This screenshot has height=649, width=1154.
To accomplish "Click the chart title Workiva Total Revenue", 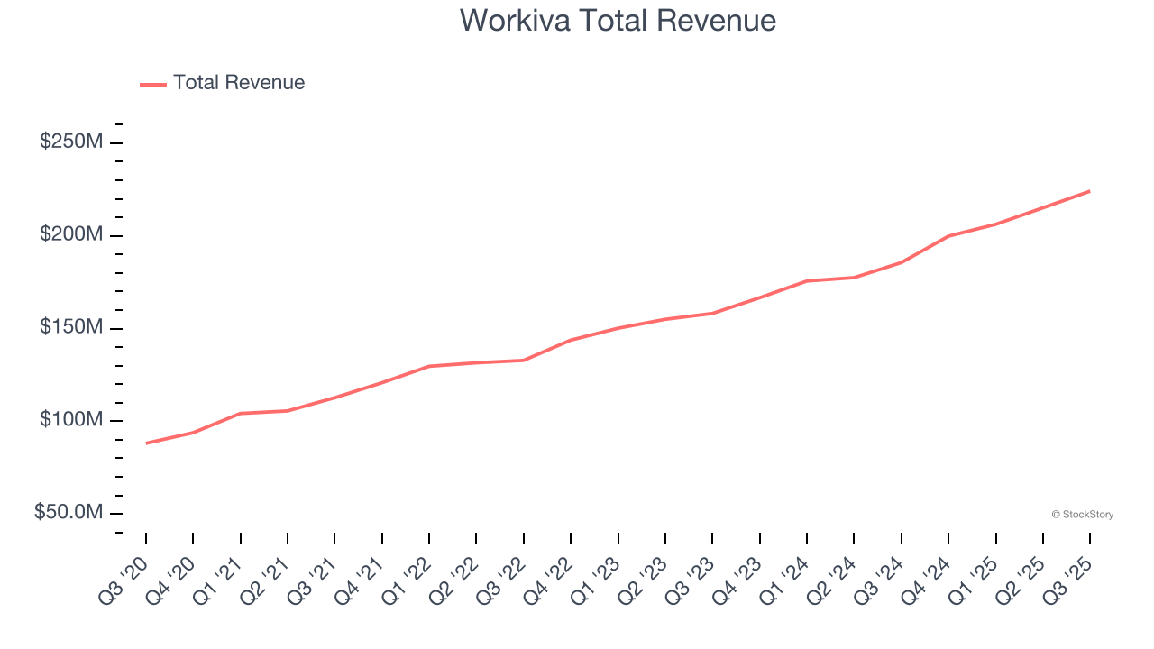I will [x=618, y=20].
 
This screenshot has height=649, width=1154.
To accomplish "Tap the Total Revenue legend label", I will [x=239, y=83].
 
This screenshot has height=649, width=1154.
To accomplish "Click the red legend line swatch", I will [x=153, y=84].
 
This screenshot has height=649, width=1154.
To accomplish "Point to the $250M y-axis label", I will [x=71, y=142].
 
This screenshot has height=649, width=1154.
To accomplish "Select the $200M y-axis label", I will [x=71, y=235].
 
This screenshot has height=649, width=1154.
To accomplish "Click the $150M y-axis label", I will [x=71, y=327].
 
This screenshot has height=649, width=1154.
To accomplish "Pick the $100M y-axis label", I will [x=71, y=420].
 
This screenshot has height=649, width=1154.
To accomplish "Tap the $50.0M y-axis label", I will [x=69, y=512].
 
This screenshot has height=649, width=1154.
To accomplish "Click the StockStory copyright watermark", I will [x=1082, y=515].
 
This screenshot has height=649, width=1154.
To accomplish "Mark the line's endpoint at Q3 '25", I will [x=1090, y=191].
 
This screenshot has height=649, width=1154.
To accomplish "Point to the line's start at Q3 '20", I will [x=146, y=443].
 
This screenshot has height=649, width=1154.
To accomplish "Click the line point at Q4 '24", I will [x=948, y=236].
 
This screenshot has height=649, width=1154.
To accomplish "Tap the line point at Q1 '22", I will [x=429, y=366].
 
